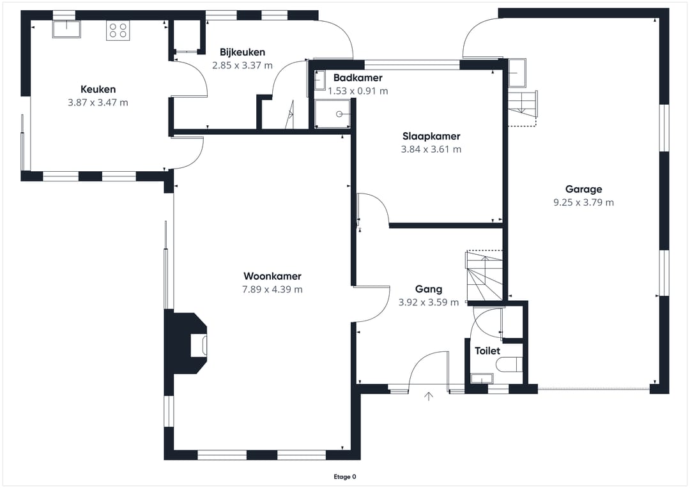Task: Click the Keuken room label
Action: [98, 89]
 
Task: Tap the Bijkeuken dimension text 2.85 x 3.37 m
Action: [243, 66]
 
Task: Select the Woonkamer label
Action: [272, 277]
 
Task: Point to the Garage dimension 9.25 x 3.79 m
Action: [583, 202]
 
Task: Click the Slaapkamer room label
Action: [431, 137]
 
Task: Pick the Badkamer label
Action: [358, 78]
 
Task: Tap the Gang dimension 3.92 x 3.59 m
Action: [429, 302]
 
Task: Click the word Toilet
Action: [487, 351]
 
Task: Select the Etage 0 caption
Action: [345, 477]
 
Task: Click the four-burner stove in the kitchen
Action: [118, 31]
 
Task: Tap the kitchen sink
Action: [66, 29]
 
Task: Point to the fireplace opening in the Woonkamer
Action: [199, 346]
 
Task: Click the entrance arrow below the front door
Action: [429, 396]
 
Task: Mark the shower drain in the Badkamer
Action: [339, 114]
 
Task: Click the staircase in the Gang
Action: [484, 276]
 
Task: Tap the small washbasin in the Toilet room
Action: [482, 378]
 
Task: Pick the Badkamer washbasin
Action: [320, 80]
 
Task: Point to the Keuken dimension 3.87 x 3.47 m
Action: [98, 103]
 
